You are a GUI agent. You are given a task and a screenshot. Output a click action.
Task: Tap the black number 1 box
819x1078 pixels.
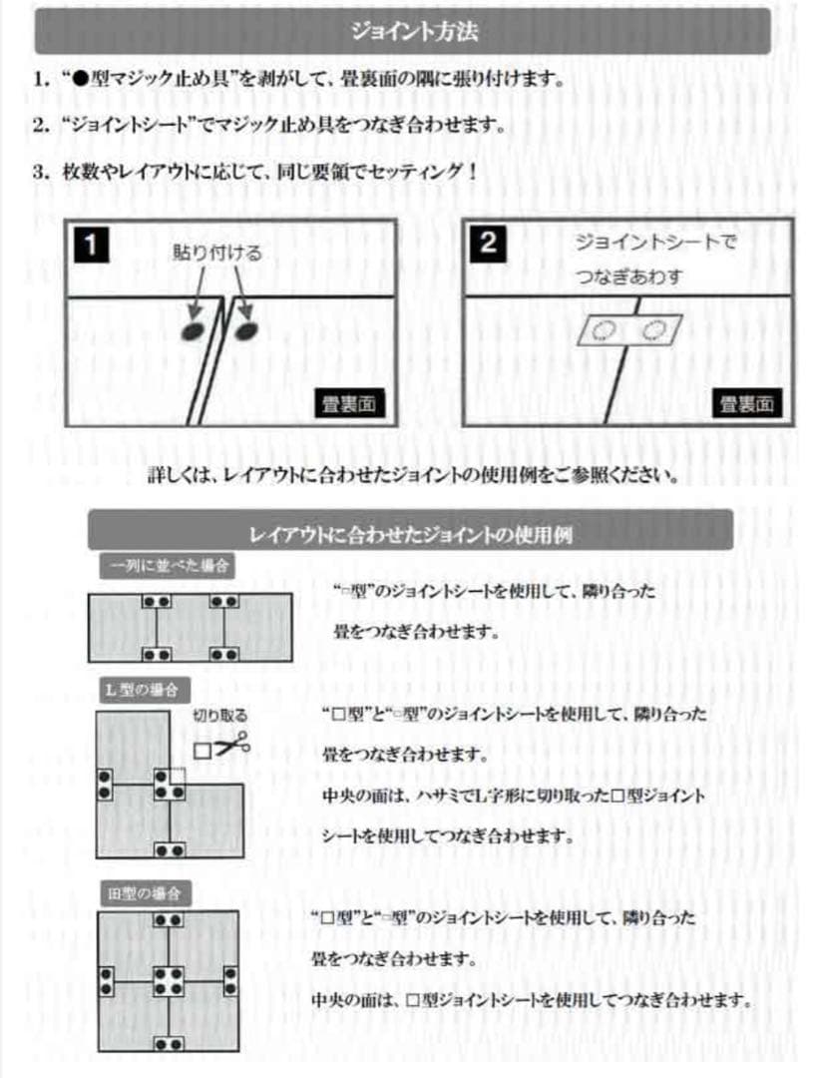[x=91, y=244]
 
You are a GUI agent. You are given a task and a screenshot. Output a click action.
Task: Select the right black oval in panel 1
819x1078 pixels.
[x=243, y=328]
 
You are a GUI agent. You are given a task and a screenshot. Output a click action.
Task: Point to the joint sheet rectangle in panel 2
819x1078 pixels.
[x=625, y=330]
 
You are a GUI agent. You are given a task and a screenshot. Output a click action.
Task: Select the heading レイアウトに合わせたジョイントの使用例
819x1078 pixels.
[x=410, y=532]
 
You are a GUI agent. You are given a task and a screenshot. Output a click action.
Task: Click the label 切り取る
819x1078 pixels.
[x=219, y=716]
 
